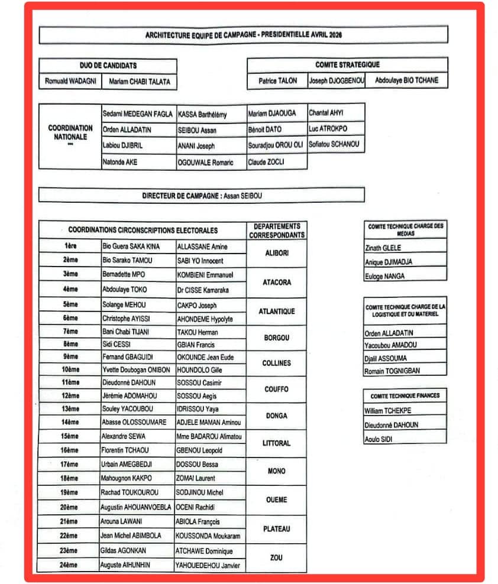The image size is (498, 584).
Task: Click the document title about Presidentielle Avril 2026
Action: pos(243,35)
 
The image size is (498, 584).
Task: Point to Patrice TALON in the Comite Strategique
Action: pos(277,81)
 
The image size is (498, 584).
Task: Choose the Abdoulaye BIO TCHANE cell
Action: pos(406,80)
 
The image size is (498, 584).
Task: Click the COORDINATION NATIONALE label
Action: pos(70,132)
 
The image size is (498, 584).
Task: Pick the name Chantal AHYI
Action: pos(326,112)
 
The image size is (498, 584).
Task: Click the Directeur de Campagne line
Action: pos(201,195)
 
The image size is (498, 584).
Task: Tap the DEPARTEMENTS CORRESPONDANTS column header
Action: pos(277,231)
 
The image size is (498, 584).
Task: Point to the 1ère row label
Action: pos(71,246)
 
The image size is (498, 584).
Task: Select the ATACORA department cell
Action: pos(277,283)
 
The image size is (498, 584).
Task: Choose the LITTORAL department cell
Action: pos(277,443)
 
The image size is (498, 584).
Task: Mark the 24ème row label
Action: pos(70,565)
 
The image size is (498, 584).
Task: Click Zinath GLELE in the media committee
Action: pos(383,249)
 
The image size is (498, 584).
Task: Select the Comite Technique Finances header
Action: pos(405,396)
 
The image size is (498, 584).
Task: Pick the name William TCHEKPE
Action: pos(388,411)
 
